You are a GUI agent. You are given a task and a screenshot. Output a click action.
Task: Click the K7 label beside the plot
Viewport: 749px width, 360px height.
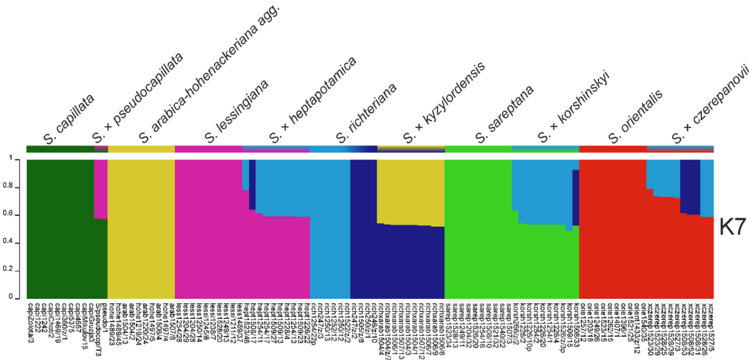[731, 227]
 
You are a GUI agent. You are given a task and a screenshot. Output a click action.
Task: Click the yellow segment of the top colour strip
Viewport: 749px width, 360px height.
[142, 149]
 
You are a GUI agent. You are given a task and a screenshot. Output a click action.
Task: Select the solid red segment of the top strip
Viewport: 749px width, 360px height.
[612, 149]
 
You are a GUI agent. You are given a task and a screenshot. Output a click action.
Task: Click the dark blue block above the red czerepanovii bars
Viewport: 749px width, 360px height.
[690, 186]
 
